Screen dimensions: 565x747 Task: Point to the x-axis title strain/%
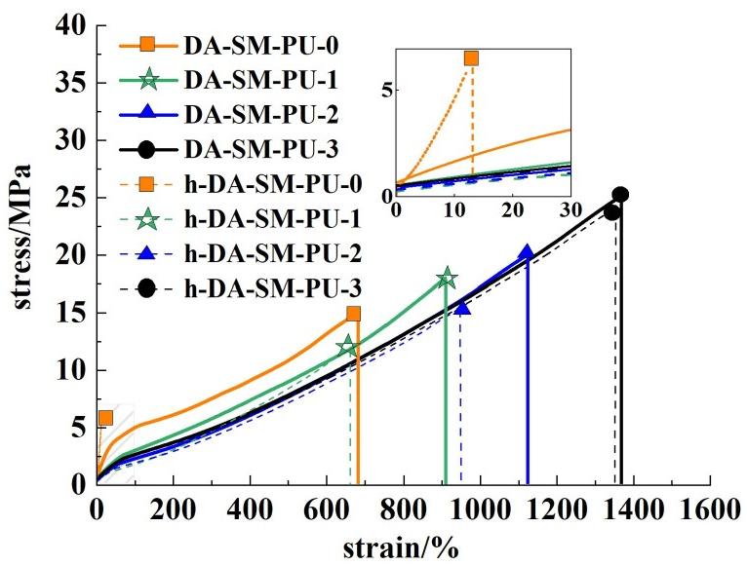399,546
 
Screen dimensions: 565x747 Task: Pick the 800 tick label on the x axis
404,509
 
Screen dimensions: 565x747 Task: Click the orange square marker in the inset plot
472,58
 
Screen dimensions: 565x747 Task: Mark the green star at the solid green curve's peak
447,279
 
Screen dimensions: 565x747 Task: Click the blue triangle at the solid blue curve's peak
527,253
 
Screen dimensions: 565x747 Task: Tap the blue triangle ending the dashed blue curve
462,308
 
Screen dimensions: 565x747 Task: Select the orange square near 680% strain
353,314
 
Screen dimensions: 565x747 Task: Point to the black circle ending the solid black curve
620,195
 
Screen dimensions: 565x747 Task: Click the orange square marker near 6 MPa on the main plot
105,418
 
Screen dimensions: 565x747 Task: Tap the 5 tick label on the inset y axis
387,90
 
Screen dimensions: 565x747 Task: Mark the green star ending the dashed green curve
347,346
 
